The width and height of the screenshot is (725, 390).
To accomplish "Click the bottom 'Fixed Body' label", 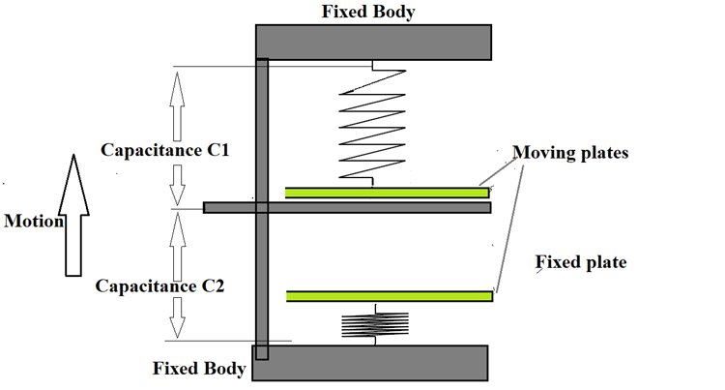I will point(199,369).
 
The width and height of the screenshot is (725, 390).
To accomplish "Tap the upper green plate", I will point(387,193).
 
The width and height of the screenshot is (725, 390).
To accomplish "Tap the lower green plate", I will point(390,295).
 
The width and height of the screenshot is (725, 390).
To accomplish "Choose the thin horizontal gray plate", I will point(348,207).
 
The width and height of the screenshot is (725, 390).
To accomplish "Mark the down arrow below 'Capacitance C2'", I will point(175,318).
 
